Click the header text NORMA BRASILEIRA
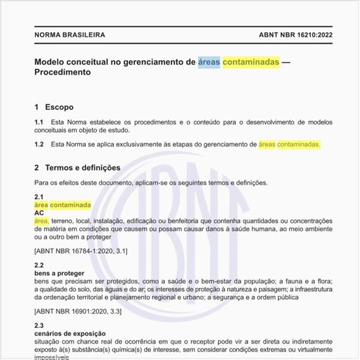pos(69,35)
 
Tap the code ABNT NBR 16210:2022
pos(283,35)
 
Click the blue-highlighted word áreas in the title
pos(209,62)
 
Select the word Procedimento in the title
pos(62,73)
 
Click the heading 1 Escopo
pos(54,107)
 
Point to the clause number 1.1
pos(39,122)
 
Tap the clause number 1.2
pos(39,144)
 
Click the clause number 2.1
pos(39,197)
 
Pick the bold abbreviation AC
pos(39,213)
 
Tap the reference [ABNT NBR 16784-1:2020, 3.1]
pos(81,251)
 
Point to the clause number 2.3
pos(39,325)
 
